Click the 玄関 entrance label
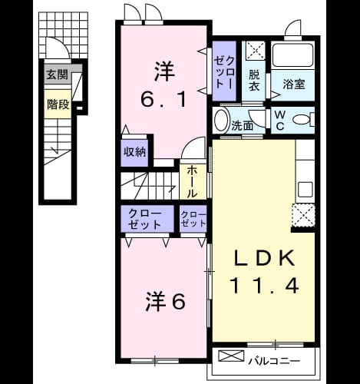pos(57,74)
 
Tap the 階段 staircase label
pos(58,104)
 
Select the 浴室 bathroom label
pos(294,84)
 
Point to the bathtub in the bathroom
pos(293,55)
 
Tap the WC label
pos(280,120)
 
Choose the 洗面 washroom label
pos(243,126)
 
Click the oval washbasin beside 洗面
pos(221,121)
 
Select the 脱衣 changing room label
pos(254,81)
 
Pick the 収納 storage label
pos(135,152)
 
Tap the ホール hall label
pos(192,181)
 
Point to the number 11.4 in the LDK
pos(265,286)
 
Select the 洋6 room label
pos(165,302)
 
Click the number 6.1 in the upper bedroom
pos(163,99)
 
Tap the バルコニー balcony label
pos(275,361)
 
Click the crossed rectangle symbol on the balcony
pos(231,356)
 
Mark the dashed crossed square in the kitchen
pos(303,215)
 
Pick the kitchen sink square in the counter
pos(306,190)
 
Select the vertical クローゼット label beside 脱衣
pos(224,73)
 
